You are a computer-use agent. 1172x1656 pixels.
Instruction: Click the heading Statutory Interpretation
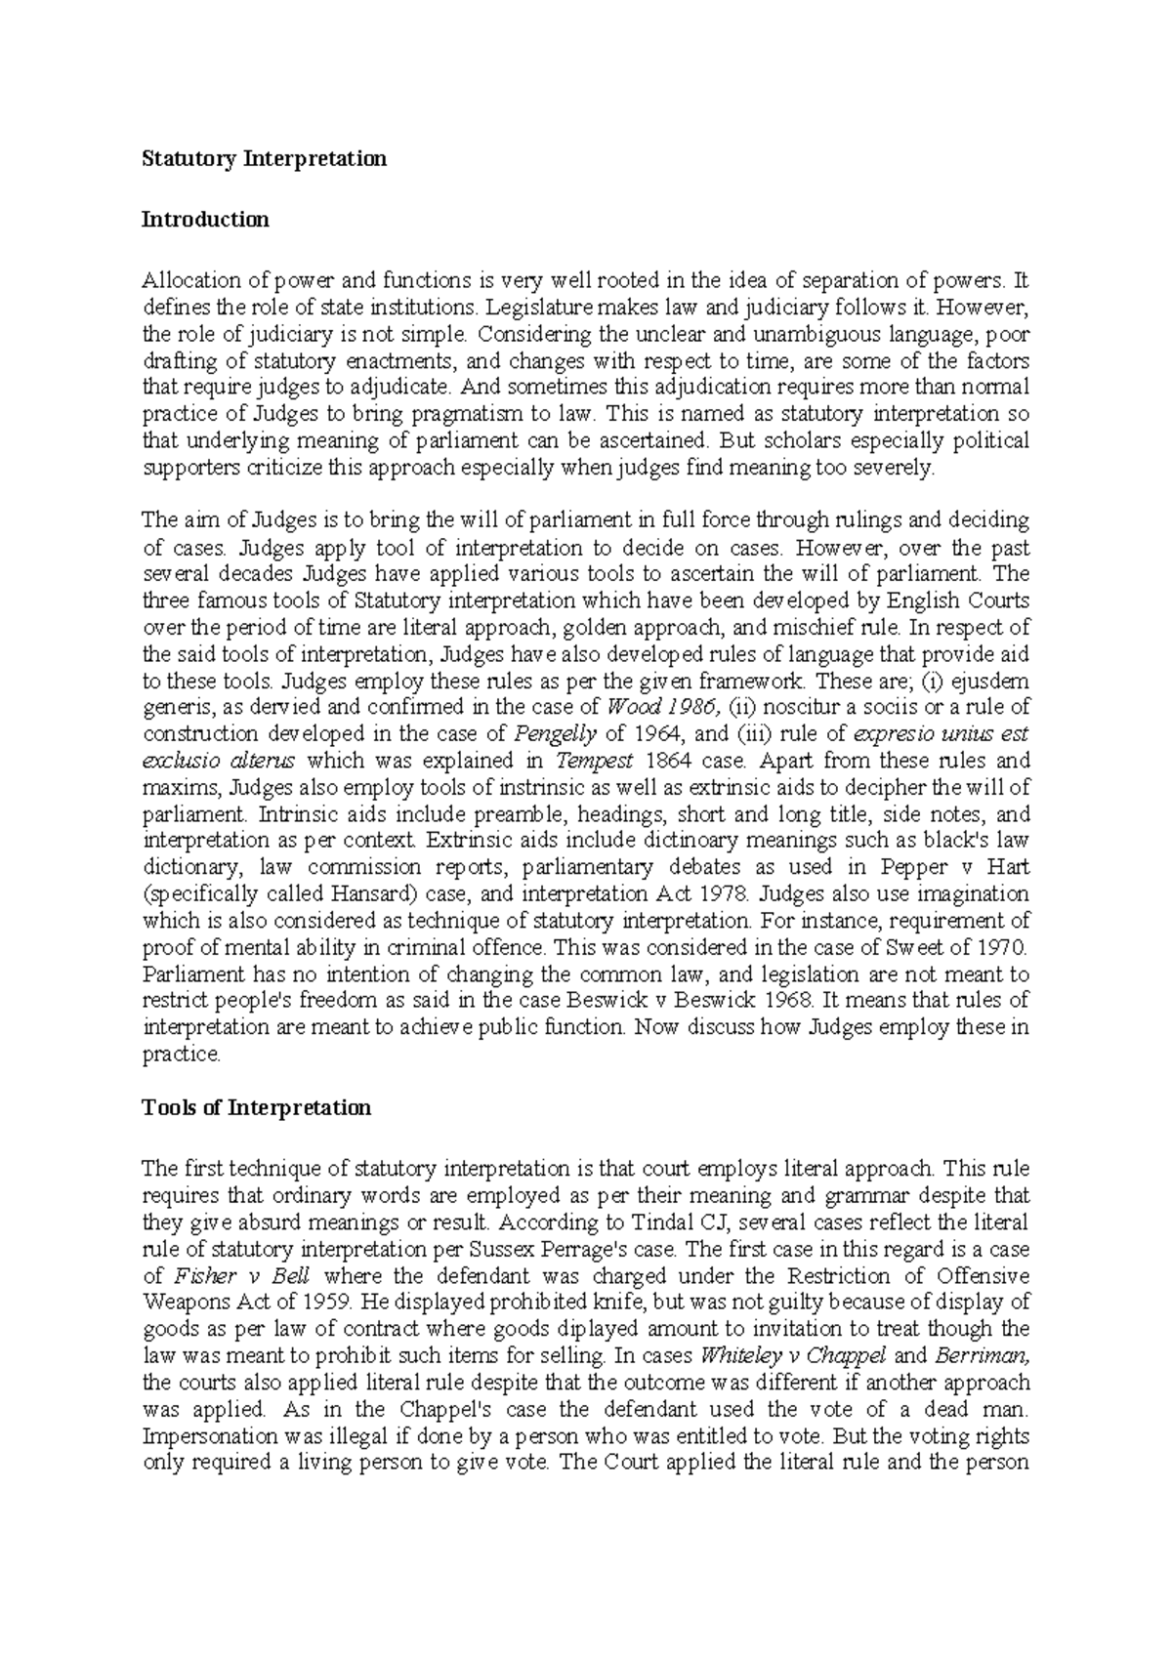click(x=265, y=158)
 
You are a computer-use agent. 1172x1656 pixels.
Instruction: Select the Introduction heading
click(x=205, y=219)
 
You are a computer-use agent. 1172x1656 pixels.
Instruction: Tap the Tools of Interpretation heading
click(x=257, y=1107)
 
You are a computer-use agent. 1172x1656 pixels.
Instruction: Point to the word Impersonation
click(x=208, y=1436)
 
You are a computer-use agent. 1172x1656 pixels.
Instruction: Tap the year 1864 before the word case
click(x=643, y=761)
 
